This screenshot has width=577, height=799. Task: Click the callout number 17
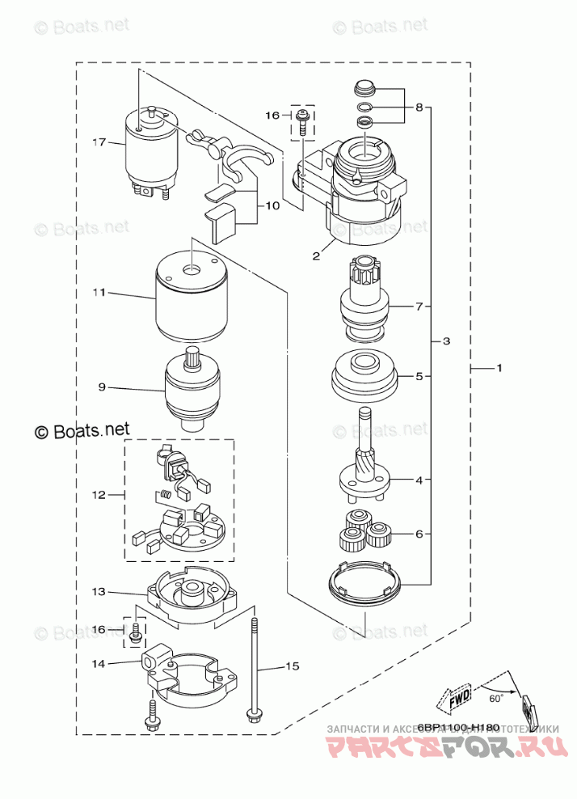(99, 143)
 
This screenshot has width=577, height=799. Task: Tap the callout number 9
(102, 387)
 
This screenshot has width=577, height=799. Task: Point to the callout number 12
(99, 494)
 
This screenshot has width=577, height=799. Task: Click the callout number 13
(99, 592)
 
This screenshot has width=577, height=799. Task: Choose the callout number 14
(99, 663)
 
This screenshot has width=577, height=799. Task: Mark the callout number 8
(419, 107)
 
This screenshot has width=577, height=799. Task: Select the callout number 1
(499, 369)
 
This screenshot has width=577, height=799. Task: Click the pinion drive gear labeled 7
(366, 303)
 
